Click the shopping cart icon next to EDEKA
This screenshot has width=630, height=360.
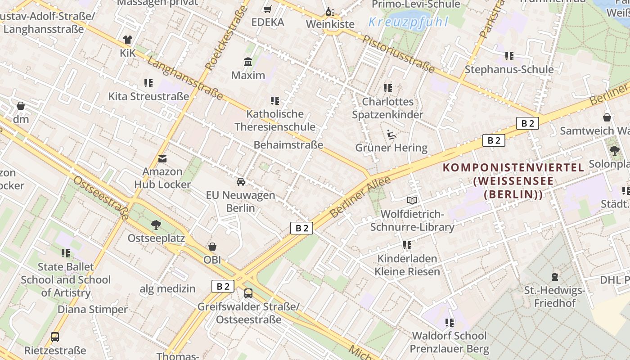[267, 9]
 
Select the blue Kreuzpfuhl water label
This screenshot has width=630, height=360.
[409, 22]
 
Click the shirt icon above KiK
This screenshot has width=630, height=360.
[128, 40]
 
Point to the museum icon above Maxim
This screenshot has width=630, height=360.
[248, 62]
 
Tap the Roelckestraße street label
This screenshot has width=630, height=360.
[227, 38]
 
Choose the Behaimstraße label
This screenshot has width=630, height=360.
[288, 145]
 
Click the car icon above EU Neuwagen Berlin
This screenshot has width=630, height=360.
[241, 182]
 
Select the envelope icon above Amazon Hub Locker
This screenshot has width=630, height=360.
[162, 158]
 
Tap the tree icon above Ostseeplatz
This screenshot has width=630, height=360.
[156, 225]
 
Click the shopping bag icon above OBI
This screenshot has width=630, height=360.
[212, 247]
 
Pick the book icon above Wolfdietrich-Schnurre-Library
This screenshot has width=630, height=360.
[412, 200]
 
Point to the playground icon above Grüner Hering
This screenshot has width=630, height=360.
[391, 134]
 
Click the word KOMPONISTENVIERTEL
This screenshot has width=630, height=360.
[513, 168]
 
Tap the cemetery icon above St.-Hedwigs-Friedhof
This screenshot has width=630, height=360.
[555, 277]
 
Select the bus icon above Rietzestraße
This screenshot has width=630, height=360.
[55, 337]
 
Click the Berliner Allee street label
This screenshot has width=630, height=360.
[360, 197]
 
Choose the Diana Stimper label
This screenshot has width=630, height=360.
[93, 310]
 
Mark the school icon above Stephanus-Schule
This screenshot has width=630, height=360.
[509, 56]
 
